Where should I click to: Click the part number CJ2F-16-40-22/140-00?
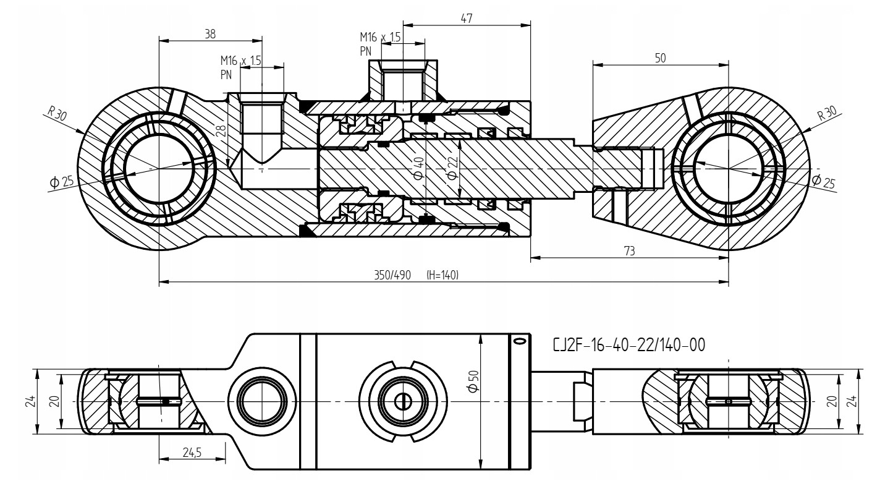[x=630, y=346]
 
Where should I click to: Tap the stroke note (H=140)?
[x=442, y=275]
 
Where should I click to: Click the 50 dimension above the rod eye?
[x=660, y=57]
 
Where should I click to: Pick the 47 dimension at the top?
[x=467, y=19]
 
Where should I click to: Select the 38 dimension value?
[x=211, y=35]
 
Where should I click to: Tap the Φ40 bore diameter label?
[x=418, y=168]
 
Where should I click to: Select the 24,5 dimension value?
[x=192, y=453]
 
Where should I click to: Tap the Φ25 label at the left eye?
[x=62, y=182]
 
